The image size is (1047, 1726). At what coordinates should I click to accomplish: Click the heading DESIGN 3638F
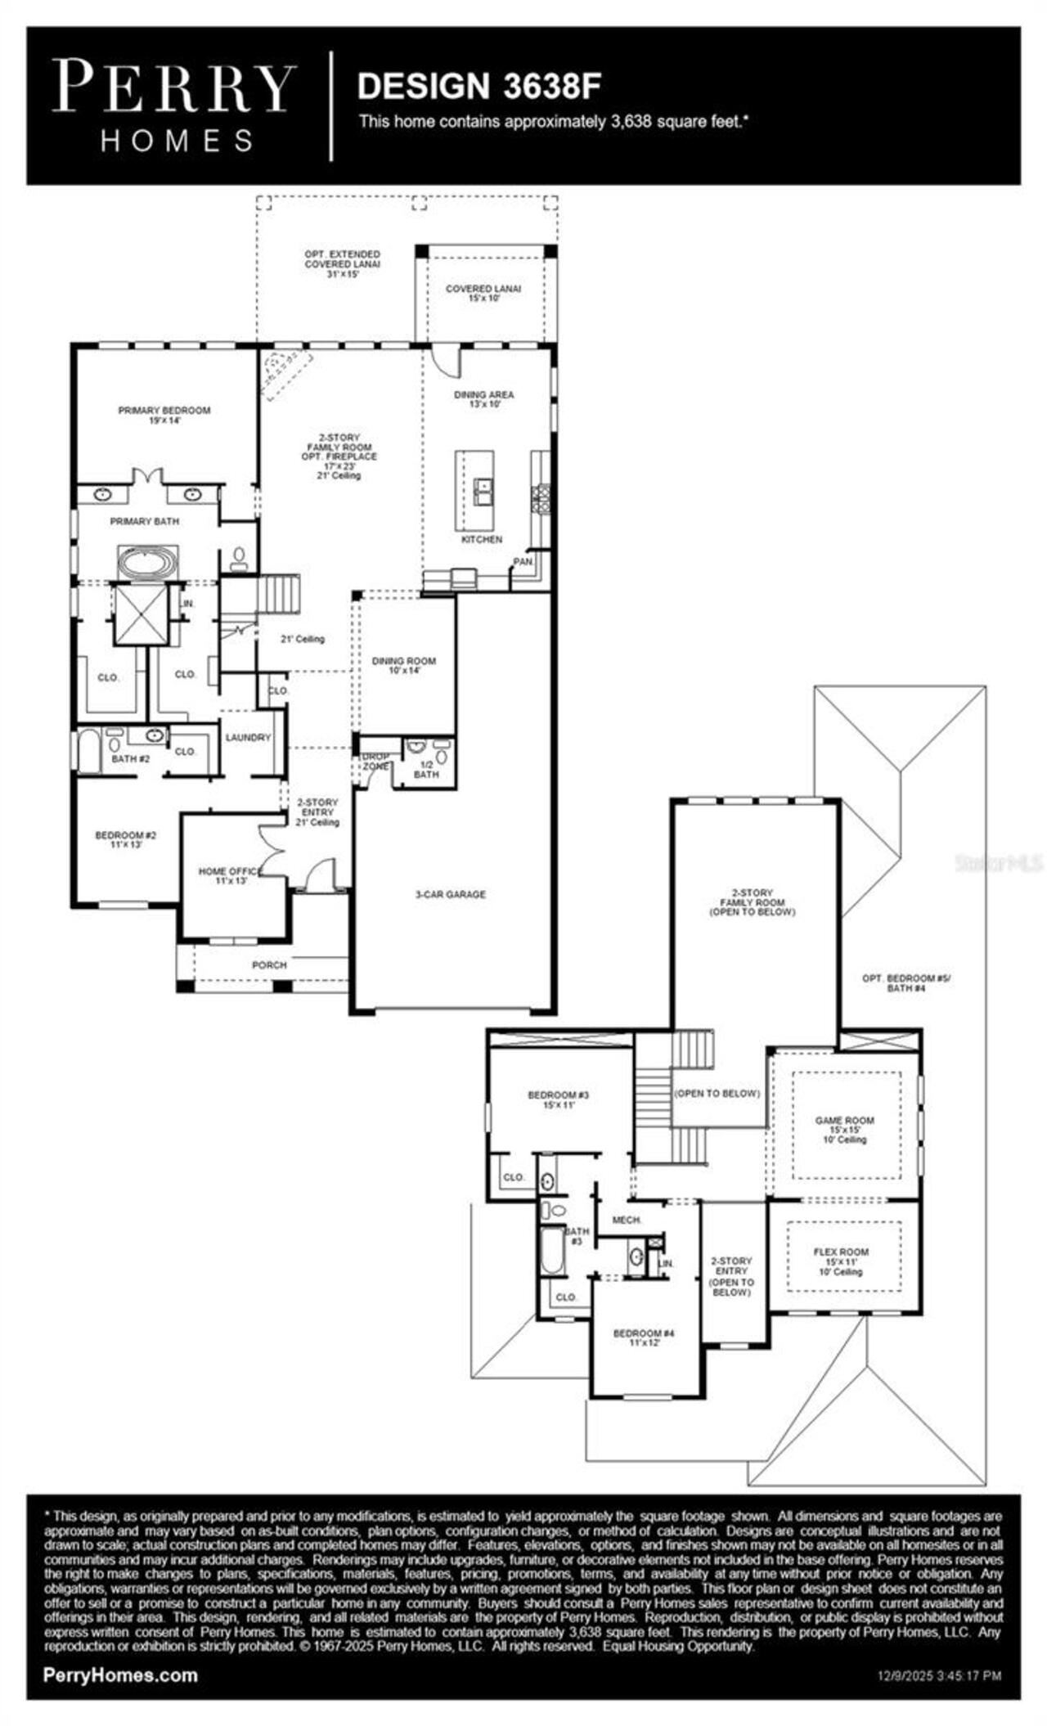click(x=480, y=87)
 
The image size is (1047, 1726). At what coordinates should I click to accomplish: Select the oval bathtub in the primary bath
click(x=147, y=563)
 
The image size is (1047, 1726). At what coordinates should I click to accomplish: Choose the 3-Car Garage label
click(x=450, y=894)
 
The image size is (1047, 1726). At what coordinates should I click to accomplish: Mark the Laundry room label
click(x=248, y=737)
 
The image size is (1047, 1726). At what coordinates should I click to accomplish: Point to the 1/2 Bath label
click(x=426, y=769)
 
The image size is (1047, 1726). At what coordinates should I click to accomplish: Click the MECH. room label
click(x=627, y=1220)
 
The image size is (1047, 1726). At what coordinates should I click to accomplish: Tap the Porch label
click(x=269, y=965)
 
